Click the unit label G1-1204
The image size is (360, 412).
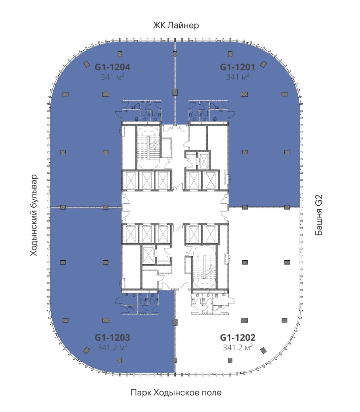pos(112,67)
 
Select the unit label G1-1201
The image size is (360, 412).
pos(237,67)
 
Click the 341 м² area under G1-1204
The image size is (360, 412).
pos(112,77)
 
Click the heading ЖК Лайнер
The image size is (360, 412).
pos(176,26)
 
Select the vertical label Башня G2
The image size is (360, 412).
pos(319,215)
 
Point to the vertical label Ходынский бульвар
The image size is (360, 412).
pos(34,215)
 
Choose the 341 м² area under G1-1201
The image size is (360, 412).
pos(237,77)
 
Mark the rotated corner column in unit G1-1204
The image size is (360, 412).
pos(87,64)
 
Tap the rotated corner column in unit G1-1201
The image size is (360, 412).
pos(263,64)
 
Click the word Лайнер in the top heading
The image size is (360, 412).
pos(183,26)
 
